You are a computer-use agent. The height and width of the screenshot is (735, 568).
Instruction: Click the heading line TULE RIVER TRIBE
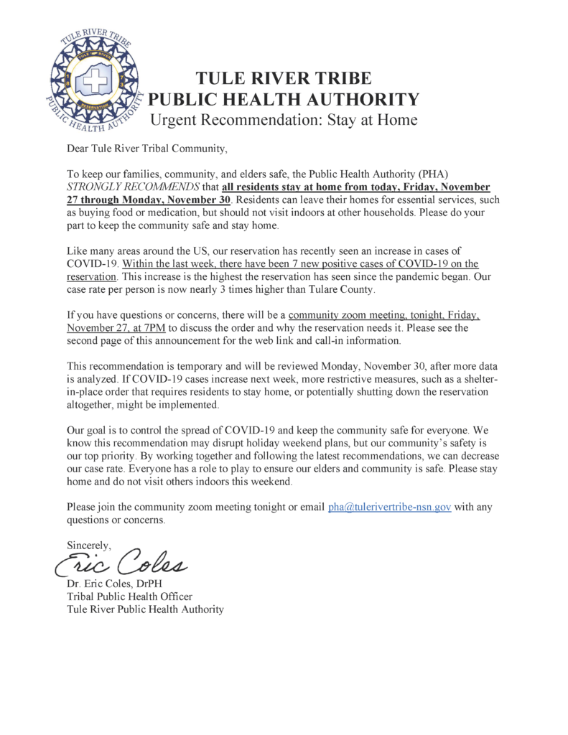tap(283, 79)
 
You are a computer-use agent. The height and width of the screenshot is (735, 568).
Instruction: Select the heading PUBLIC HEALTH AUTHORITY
tap(283, 99)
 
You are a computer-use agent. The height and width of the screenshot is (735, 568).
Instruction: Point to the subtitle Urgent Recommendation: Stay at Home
tap(283, 119)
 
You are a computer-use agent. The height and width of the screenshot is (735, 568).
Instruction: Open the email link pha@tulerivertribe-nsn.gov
tap(389, 507)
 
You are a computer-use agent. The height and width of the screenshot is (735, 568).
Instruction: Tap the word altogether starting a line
tap(91, 405)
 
